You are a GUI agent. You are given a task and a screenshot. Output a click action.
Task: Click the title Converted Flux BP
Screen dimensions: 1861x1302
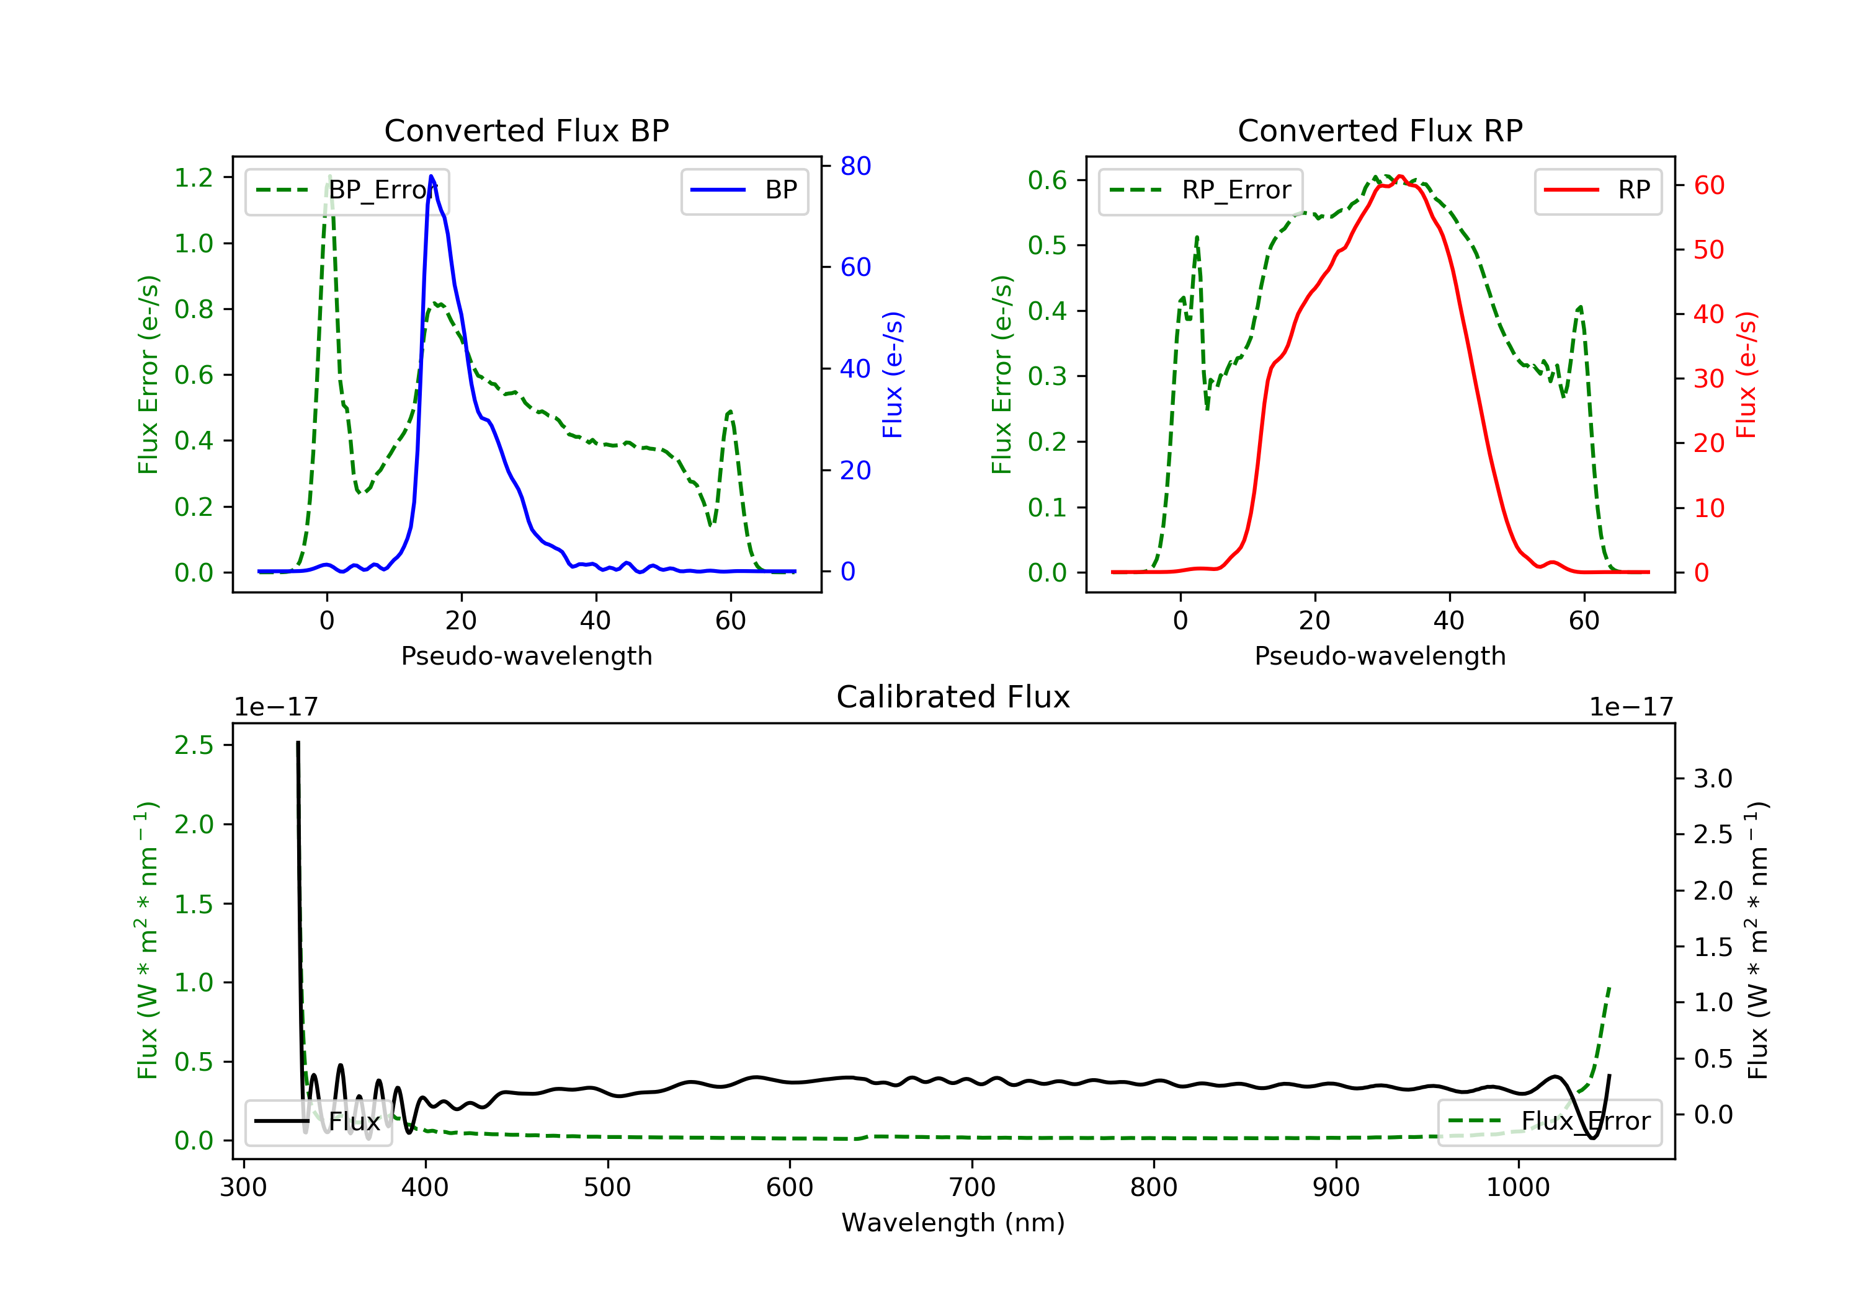526,130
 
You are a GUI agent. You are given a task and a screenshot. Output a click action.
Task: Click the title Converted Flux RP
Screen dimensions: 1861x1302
1380,130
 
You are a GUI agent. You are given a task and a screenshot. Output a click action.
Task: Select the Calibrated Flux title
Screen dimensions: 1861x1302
953,697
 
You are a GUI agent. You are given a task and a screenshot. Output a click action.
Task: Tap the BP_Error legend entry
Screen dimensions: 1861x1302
347,190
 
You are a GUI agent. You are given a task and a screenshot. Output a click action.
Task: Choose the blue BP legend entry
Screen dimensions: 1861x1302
744,190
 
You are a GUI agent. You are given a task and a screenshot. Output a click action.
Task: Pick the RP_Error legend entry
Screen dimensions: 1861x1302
1200,190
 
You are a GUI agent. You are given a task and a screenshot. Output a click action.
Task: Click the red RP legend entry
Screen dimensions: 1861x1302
1597,190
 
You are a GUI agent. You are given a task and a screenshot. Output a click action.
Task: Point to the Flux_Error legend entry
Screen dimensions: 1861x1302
1549,1122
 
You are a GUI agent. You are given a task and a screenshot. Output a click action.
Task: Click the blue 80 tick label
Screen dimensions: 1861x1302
855,166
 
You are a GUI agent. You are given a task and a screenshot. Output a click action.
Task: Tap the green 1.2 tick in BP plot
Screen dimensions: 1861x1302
194,177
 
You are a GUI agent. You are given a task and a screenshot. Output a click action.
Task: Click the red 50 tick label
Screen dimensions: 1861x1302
1708,249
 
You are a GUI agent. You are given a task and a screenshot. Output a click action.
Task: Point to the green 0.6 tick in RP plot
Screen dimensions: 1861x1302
1047,180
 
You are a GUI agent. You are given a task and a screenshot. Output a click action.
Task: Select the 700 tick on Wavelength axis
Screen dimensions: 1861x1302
971,1188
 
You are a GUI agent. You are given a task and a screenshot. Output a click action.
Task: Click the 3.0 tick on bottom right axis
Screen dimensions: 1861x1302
1713,779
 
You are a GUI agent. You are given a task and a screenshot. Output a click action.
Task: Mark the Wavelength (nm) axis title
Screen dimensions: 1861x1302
953,1223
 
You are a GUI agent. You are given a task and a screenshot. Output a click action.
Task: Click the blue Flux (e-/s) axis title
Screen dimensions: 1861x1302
893,375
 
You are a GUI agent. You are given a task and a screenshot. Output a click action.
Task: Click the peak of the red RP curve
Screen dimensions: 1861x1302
1400,176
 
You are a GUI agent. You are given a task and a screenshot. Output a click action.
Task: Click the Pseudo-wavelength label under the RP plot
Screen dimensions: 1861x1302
1380,655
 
